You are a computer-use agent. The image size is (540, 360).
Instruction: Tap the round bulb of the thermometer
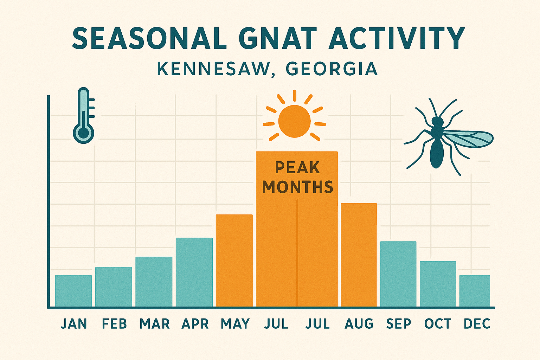coord(84,133)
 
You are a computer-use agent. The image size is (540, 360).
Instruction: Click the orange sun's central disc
coord(294,121)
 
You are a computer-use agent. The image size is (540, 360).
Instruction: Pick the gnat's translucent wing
coord(469,139)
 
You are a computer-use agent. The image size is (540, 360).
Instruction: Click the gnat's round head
coord(437,122)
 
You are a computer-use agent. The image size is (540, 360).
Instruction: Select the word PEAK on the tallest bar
coord(297,168)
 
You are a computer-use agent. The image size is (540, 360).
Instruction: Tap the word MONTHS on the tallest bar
coord(297,187)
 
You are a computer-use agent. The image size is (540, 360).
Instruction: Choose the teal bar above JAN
coord(73,291)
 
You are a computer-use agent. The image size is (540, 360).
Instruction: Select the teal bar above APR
coord(194,272)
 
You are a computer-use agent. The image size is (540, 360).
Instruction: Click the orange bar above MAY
coord(234,261)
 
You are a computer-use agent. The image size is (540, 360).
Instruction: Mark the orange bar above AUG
coord(359,255)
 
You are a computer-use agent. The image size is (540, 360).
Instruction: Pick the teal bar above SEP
coord(398,274)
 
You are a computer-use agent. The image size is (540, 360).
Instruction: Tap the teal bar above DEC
coord(475,291)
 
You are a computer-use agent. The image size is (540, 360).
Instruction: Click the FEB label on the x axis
coord(114,323)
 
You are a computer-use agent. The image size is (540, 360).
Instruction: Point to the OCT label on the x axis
coord(437,323)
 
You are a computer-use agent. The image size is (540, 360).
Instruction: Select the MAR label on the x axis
coord(155,323)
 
